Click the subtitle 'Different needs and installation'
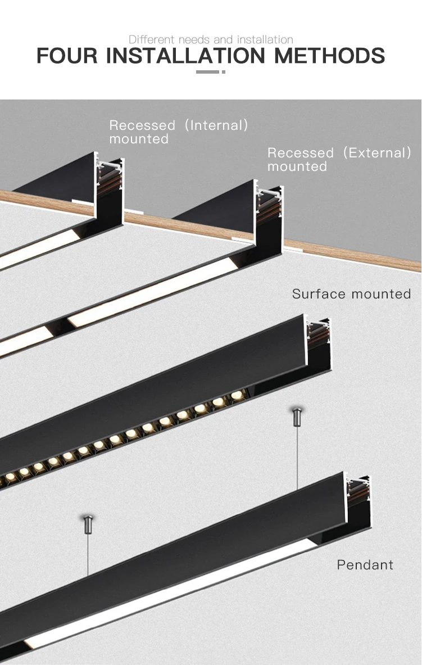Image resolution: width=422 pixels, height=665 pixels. pyautogui.click(x=211, y=39)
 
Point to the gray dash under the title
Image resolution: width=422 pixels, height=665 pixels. pyautogui.click(x=211, y=72)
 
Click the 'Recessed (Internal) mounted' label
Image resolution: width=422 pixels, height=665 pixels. pyautogui.click(x=178, y=132)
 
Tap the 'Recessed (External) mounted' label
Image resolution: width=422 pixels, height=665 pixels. pyautogui.click(x=339, y=159)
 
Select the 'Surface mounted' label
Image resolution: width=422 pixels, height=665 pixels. pyautogui.click(x=351, y=293)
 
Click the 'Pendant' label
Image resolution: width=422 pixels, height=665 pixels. pyautogui.click(x=365, y=564)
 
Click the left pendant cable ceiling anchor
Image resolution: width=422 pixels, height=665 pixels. pyautogui.click(x=88, y=524)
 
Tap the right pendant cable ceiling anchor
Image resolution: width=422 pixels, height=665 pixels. pyautogui.click(x=297, y=417)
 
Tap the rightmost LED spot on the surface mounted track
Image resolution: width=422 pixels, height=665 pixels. pyautogui.click(x=235, y=397)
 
